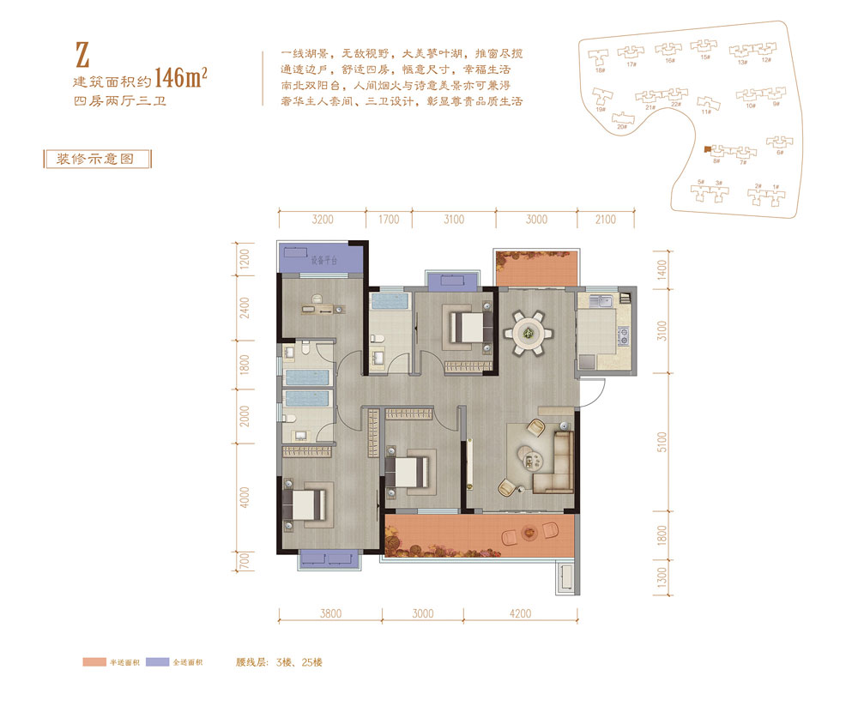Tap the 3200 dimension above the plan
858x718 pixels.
[x=322, y=220]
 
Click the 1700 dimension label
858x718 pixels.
[x=389, y=220]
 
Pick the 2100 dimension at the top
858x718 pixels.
[x=605, y=220]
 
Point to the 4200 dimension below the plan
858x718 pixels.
[x=520, y=613]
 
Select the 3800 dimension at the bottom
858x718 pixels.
[x=330, y=613]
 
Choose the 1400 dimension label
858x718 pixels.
[x=660, y=272]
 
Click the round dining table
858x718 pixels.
[x=527, y=331]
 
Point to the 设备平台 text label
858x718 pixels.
[x=324, y=258]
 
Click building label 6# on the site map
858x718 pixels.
[x=780, y=153]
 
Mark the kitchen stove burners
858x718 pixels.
[x=625, y=338]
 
